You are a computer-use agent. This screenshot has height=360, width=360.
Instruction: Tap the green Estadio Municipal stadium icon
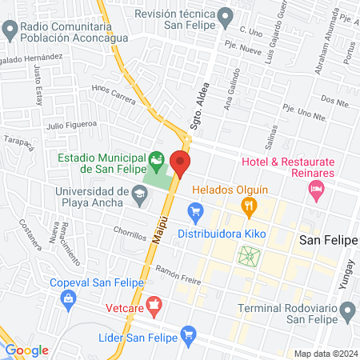[156, 161]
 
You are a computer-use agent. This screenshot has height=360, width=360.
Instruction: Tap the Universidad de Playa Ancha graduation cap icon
[139, 193]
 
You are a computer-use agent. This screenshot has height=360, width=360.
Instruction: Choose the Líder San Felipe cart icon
[189, 333]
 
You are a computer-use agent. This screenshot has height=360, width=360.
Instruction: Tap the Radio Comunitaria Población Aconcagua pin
[10, 31]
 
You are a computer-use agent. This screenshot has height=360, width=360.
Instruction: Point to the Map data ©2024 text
[324, 354]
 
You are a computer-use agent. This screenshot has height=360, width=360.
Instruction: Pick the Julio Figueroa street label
[71, 124]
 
